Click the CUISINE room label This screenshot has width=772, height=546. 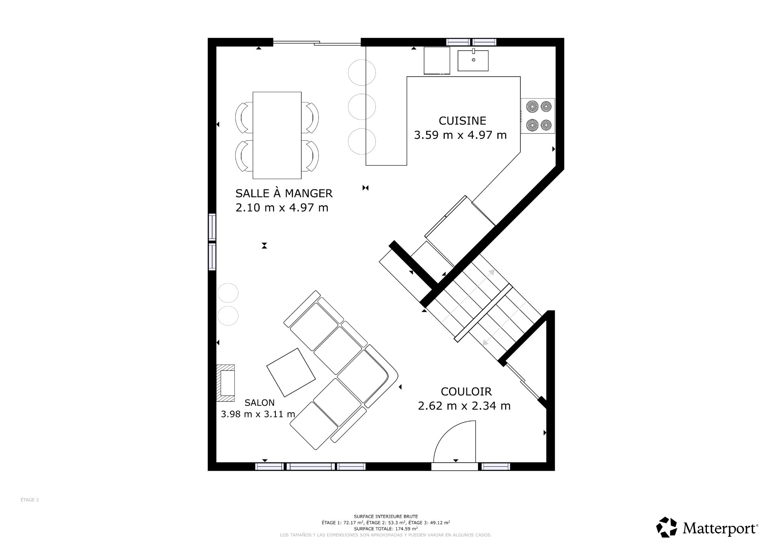tap(462, 121)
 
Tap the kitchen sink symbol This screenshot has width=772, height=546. tap(473, 60)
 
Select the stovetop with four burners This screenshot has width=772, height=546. tap(538, 116)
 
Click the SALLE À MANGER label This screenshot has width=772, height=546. tap(284, 194)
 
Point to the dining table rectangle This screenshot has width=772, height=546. tap(277, 135)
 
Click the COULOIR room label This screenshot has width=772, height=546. tap(466, 391)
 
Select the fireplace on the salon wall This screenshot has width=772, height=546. tap(226, 383)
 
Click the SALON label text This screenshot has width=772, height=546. tap(259, 403)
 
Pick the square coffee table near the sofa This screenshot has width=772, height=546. tap(291, 372)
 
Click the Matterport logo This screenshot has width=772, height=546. tap(707, 527)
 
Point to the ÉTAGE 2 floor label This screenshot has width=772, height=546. tap(30, 500)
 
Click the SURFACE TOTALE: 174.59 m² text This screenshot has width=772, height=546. tap(386, 529)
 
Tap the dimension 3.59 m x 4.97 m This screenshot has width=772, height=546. tap(460, 135)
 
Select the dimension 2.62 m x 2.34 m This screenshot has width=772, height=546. tap(464, 406)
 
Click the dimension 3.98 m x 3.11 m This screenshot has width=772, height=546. tap(258, 414)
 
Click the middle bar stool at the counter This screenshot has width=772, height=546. tap(362, 107)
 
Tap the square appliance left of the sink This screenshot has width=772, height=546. tap(437, 61)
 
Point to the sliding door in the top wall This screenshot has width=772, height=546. tap(317, 42)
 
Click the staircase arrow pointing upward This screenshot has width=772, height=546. tap(491, 273)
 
